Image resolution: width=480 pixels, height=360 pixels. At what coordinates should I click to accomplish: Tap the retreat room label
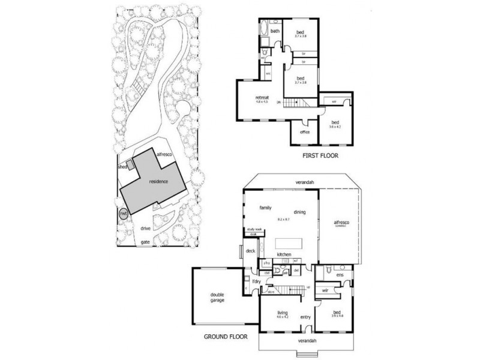pyautogui.click(x=261, y=97)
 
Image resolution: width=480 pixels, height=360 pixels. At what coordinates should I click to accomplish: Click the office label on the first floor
pyautogui.click(x=304, y=132)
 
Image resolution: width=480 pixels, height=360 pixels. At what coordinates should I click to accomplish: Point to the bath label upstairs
pyautogui.click(x=275, y=31)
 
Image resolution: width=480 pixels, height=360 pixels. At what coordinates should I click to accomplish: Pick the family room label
pyautogui.click(x=266, y=208)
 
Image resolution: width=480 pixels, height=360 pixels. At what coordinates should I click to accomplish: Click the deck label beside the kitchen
pyautogui.click(x=251, y=251)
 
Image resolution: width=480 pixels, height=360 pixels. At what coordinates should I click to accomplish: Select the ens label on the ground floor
pyautogui.click(x=340, y=275)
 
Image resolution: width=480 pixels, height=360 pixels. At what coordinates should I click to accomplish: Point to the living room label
pyautogui.click(x=283, y=313)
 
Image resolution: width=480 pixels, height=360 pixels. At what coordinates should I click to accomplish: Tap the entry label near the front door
pyautogui.click(x=305, y=317)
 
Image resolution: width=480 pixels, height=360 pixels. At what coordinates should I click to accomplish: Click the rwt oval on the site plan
pyautogui.click(x=123, y=213)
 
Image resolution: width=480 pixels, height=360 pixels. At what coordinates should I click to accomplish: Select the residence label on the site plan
pyautogui.click(x=159, y=181)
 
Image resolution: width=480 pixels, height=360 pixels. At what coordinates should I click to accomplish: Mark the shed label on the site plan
pyautogui.click(x=123, y=167)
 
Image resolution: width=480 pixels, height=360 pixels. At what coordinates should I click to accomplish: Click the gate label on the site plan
pyautogui.click(x=145, y=242)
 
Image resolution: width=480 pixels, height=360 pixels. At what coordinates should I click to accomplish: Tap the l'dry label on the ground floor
pyautogui.click(x=256, y=281)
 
